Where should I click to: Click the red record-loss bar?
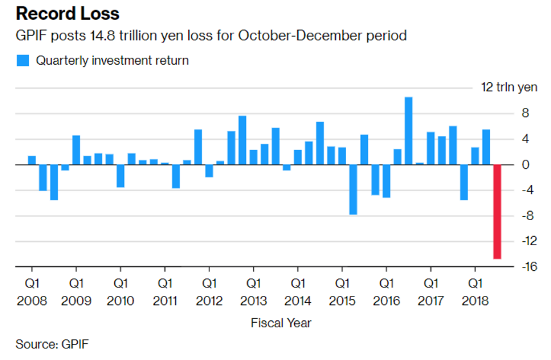[x=497, y=211]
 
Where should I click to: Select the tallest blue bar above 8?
[x=408, y=130]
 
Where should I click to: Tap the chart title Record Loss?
[x=67, y=13]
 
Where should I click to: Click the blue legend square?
[x=23, y=61]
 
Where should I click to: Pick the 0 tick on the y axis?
[x=525, y=165]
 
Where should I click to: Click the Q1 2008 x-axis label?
[x=32, y=291]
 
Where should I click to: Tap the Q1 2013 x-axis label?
[x=253, y=291]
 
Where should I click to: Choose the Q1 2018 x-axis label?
[x=475, y=291]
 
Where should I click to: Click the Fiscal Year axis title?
[x=281, y=323]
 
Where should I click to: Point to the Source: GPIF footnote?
[x=52, y=345]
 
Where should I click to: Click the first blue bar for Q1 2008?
[x=32, y=160]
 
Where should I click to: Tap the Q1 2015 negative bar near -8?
[x=353, y=189]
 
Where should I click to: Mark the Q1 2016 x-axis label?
[x=386, y=291]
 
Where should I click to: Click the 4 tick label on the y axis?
[x=525, y=139]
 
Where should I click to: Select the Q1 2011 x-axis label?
[x=165, y=291]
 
